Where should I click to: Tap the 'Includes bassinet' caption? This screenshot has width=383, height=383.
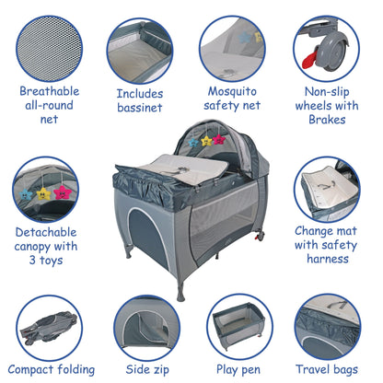140,100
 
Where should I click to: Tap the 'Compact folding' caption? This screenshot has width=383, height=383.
52,368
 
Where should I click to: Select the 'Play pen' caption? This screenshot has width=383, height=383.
238,368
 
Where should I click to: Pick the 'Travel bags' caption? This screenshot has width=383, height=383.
328,368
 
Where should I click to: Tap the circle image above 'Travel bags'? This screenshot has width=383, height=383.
329,325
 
